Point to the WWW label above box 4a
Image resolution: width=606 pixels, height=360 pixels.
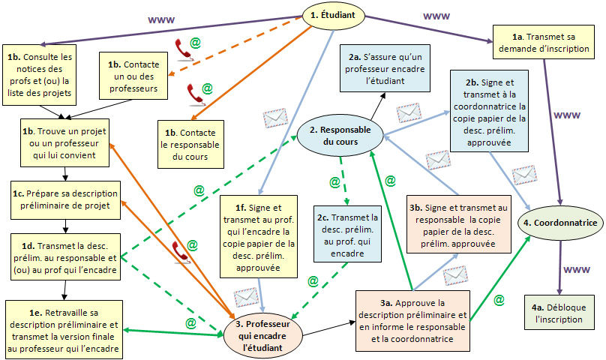[576, 269]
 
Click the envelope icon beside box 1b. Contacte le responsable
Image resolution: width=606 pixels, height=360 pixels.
[275, 118]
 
